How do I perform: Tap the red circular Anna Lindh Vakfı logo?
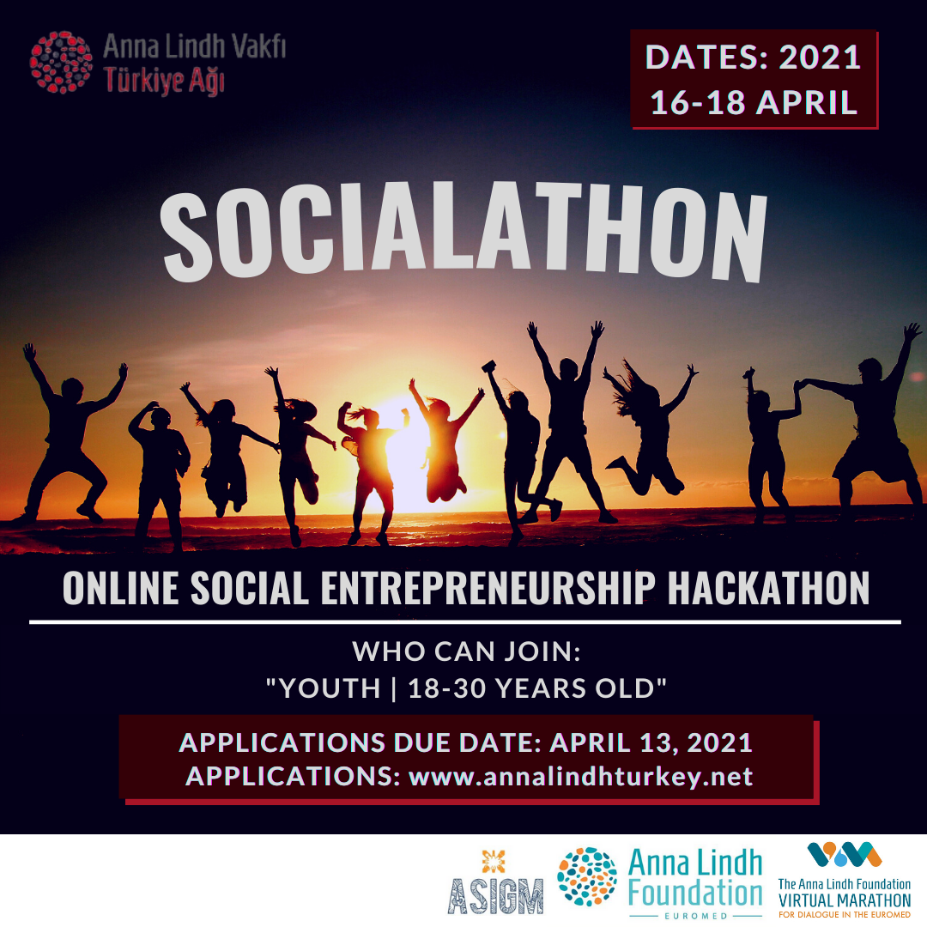click(61, 62)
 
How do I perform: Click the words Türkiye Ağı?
click(164, 81)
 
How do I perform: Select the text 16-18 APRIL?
click(754, 101)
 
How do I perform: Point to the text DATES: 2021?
click(754, 57)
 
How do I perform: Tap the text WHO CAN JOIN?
click(467, 651)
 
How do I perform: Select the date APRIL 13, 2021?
click(651, 742)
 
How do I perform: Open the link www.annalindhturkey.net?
click(580, 777)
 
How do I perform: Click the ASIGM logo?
click(495, 884)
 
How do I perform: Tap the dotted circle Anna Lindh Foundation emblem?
click(587, 877)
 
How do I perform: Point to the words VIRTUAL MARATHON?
click(845, 900)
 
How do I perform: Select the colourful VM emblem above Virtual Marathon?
click(845, 855)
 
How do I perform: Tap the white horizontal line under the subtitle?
click(464, 621)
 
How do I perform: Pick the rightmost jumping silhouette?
click(875, 429)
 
